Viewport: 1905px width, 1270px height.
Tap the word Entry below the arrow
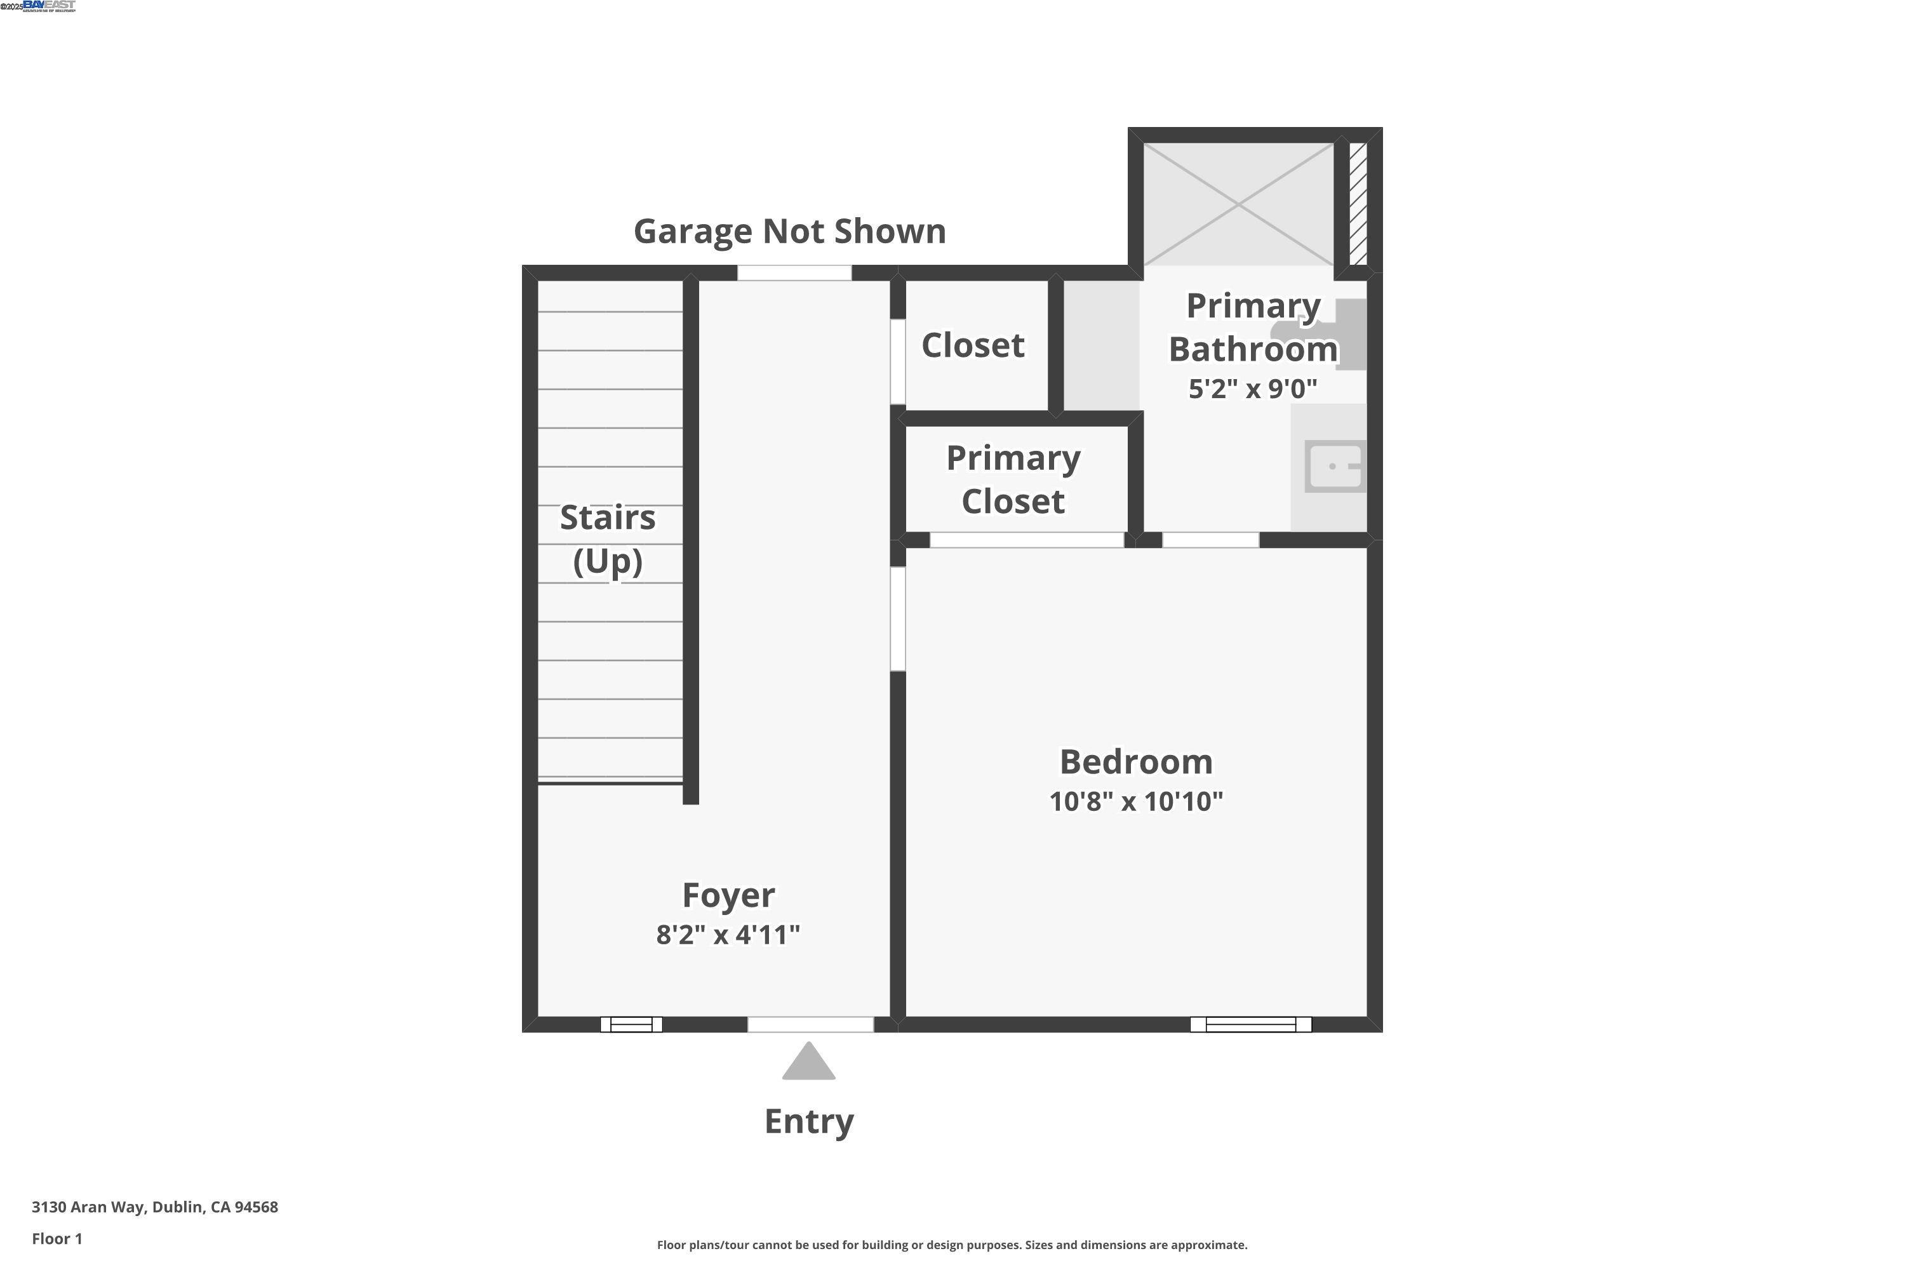point(809,1122)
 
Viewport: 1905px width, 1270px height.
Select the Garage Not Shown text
point(790,232)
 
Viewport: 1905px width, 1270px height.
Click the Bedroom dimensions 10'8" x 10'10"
point(1135,802)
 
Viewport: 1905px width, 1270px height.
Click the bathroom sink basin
point(1335,467)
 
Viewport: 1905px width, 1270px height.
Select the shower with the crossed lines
point(1238,205)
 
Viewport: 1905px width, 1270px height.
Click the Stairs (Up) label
point(608,539)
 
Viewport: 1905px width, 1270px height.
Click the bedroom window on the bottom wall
point(1250,1025)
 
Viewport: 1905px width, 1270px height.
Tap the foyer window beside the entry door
point(631,1025)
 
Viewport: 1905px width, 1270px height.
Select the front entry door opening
point(810,1025)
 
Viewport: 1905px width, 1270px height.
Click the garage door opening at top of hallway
point(794,273)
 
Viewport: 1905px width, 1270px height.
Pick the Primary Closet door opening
point(1026,540)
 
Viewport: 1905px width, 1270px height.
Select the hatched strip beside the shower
point(1358,203)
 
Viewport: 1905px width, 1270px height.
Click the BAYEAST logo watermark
point(49,6)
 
